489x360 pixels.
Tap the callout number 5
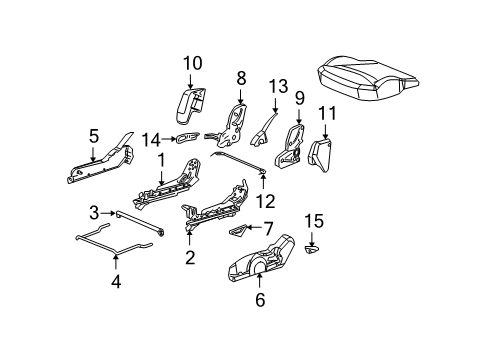tap(93, 134)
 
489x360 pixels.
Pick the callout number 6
tap(259, 297)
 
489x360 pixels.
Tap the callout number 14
tap(151, 139)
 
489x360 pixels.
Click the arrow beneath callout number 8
tap(241, 96)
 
